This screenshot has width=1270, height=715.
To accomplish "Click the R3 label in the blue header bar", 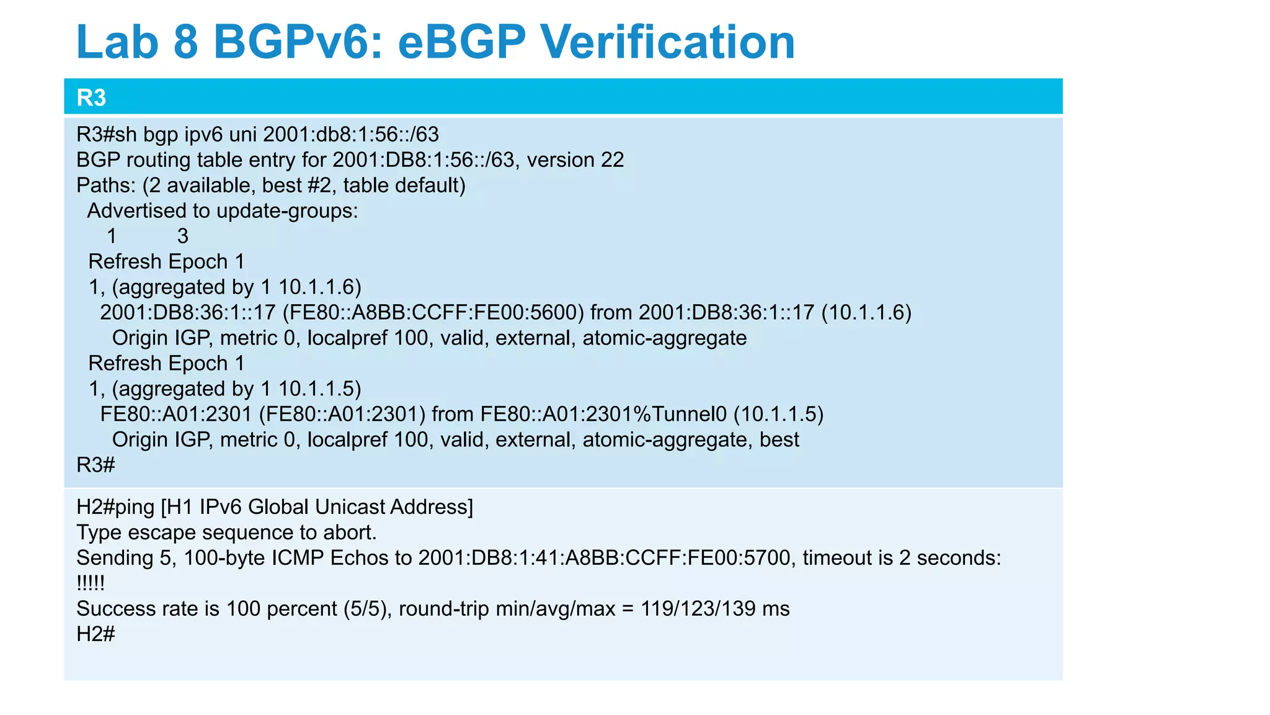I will [91, 98].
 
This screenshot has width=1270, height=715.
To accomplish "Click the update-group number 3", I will [182, 236].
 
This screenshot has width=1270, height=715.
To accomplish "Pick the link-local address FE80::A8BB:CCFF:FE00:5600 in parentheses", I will [433, 312].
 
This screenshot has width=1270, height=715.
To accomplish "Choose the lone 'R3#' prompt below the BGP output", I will [95, 465].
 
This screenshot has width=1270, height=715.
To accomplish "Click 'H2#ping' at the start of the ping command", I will [115, 507].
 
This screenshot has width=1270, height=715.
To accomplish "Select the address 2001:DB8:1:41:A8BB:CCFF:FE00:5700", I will [605, 558].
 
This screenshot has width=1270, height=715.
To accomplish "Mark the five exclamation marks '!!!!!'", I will [91, 583].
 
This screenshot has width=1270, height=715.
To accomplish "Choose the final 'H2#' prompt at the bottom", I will [95, 634].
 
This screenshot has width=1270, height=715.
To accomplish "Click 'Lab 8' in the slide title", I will [137, 42].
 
